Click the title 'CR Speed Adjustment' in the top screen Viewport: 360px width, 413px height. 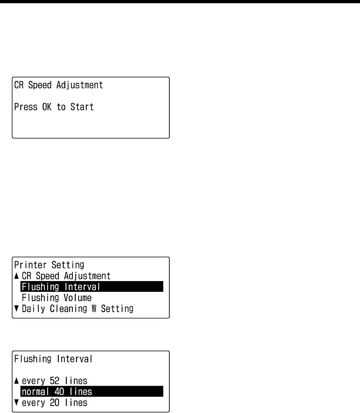click(x=58, y=86)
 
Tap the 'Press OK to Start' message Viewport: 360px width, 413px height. click(x=54, y=107)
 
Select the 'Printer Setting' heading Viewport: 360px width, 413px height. click(x=49, y=265)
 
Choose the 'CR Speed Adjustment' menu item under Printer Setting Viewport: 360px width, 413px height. click(x=66, y=276)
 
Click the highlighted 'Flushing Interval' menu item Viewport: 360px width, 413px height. click(x=61, y=287)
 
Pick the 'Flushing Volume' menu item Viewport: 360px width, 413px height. click(x=57, y=298)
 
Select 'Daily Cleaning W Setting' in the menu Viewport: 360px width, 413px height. click(x=77, y=309)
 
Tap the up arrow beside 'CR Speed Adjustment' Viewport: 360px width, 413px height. click(x=16, y=276)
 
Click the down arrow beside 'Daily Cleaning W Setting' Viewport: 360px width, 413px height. click(x=16, y=309)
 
